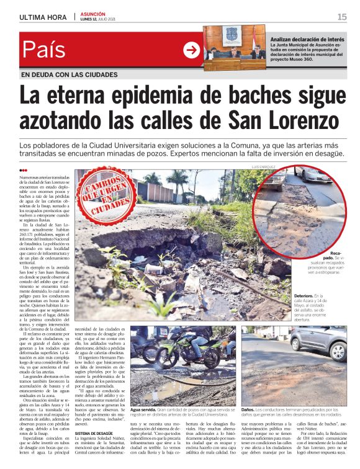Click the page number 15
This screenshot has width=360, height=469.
pyautogui.click(x=342, y=17)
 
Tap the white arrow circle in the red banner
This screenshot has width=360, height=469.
pyautogui.click(x=192, y=50)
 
